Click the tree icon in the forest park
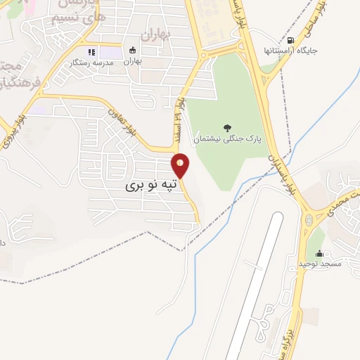tap(227, 127)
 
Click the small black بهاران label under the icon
tap(133, 61)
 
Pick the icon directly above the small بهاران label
tap(133, 51)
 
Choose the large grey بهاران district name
tap(155, 33)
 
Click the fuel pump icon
tap(290, 41)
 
